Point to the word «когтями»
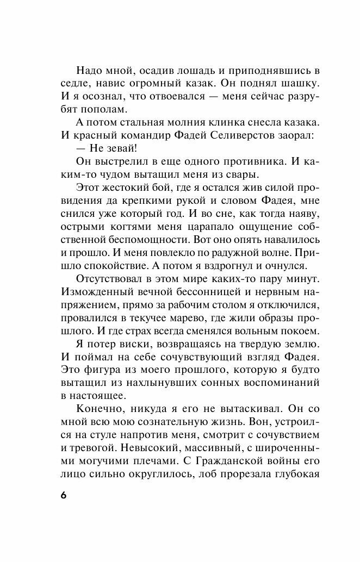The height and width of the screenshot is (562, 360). (139, 241)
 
